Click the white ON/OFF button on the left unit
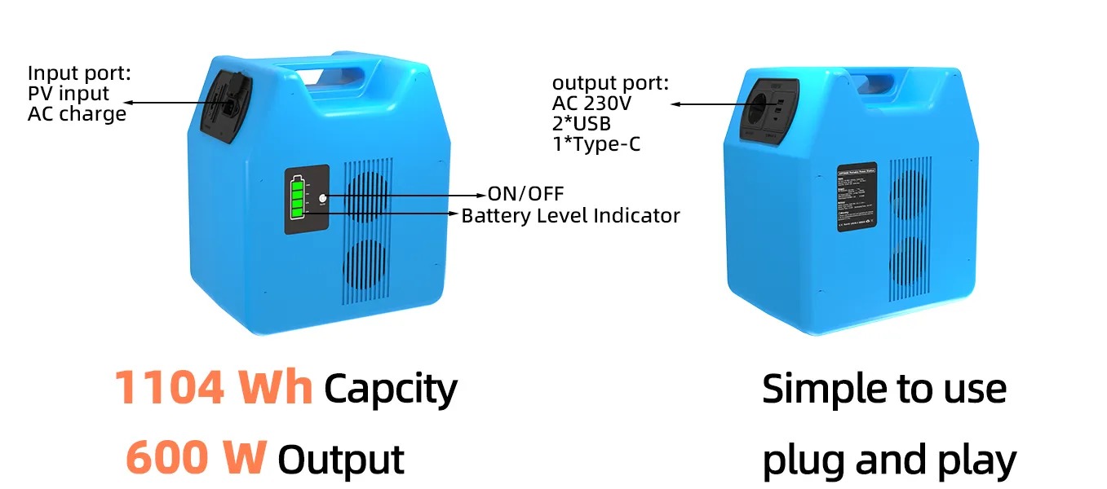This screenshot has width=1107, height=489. tap(323, 198)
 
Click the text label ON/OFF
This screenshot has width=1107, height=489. tap(525, 194)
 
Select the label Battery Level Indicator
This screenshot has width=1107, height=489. tap(570, 216)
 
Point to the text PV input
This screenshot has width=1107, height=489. tap(69, 94)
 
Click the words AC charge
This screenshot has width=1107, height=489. tap(77, 113)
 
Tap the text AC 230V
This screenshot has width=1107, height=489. tap(591, 104)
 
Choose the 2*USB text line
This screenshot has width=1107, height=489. tap(582, 123)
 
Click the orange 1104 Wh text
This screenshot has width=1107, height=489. tap(213, 387)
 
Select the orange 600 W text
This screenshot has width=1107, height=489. tap(196, 458)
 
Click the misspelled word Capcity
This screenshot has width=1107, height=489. tap(390, 389)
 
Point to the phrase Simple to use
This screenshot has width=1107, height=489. tap(883, 389)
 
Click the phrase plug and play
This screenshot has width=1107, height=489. tap(888, 460)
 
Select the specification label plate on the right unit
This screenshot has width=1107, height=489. tap(857, 196)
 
